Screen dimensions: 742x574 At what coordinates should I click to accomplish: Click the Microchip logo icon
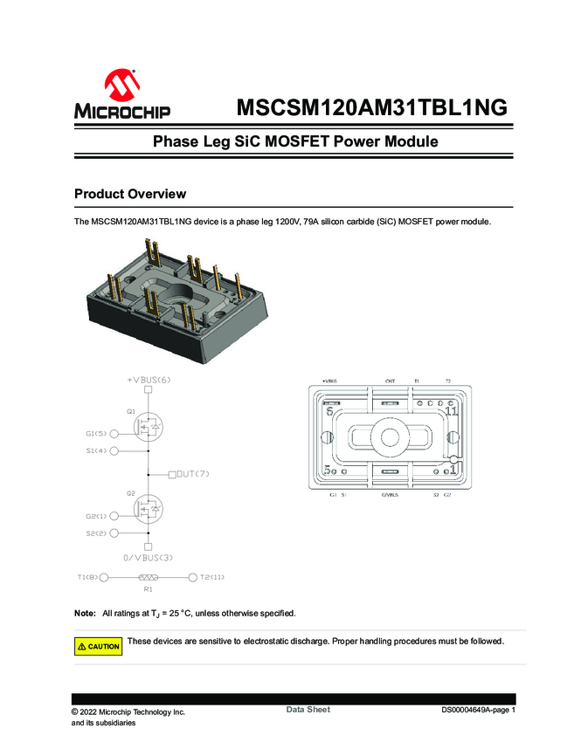pyautogui.click(x=121, y=88)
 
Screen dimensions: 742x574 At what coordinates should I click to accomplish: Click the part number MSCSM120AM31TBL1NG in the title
pyautogui.click(x=371, y=108)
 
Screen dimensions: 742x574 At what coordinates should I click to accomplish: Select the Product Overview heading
pyautogui.click(x=130, y=193)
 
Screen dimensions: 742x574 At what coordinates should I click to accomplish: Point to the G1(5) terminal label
pyautogui.click(x=96, y=434)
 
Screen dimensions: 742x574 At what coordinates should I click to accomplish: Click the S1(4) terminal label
pyautogui.click(x=96, y=451)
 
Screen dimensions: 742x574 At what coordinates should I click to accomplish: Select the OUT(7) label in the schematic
pyautogui.click(x=193, y=474)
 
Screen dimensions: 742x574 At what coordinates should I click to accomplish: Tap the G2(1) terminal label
pyautogui.click(x=96, y=516)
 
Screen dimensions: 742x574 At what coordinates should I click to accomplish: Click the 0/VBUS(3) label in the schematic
pyautogui.click(x=149, y=557)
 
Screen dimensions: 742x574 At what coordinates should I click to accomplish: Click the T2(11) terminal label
pyautogui.click(x=212, y=577)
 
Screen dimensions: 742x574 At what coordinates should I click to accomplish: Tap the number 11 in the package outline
pyautogui.click(x=451, y=411)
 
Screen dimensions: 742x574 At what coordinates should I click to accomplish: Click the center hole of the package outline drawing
pyautogui.click(x=387, y=436)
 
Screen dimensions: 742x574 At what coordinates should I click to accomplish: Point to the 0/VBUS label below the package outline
pyautogui.click(x=391, y=495)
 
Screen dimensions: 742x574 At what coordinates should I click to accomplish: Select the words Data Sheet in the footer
pyautogui.click(x=308, y=710)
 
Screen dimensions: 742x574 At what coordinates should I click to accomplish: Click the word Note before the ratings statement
pyautogui.click(x=85, y=613)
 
